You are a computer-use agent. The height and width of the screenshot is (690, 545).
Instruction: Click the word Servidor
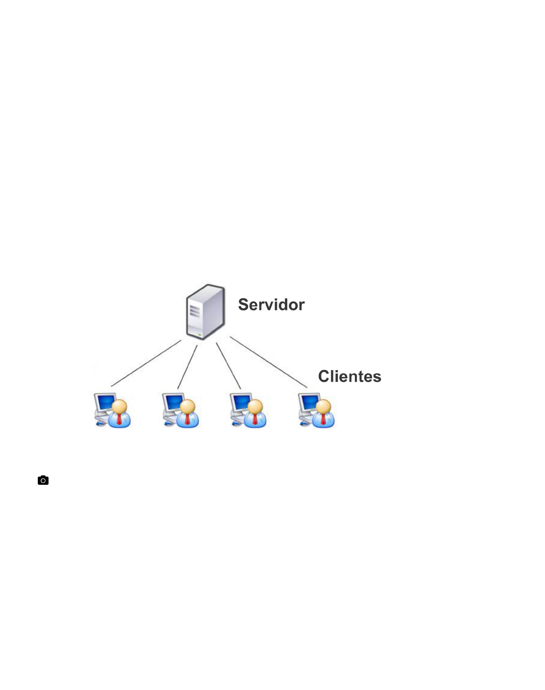click(271, 304)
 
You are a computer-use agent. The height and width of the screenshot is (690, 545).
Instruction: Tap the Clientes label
click(350, 377)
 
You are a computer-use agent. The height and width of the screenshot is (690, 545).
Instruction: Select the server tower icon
click(206, 312)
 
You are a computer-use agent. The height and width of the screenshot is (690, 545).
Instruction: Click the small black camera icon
click(43, 480)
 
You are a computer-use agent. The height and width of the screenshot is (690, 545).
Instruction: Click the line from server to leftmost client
click(146, 363)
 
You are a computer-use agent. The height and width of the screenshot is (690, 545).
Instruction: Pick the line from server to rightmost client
click(268, 362)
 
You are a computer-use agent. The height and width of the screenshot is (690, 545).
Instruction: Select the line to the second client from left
click(187, 367)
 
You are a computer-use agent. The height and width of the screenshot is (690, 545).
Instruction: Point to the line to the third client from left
click(228, 366)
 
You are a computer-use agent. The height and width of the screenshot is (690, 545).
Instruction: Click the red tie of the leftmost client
click(119, 419)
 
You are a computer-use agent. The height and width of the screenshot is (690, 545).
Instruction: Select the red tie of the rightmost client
click(323, 419)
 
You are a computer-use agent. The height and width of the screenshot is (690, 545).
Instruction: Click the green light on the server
click(199, 335)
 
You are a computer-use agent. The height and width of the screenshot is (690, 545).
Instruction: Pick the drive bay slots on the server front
click(195, 311)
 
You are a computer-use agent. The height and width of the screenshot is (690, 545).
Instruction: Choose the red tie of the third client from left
click(255, 419)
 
